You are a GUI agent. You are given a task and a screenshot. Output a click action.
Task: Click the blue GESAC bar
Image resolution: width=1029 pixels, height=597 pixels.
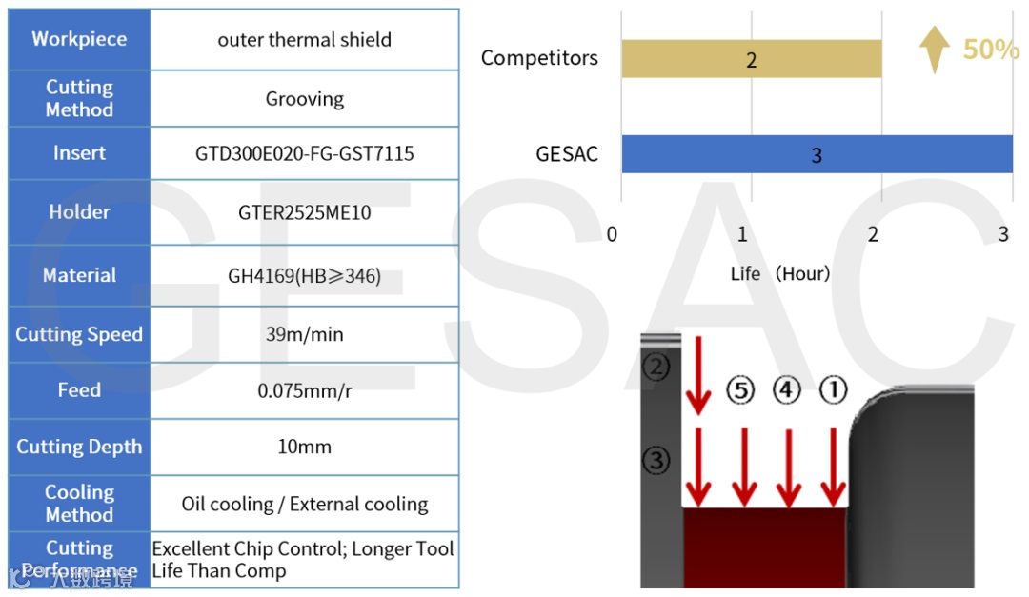pos(817,154)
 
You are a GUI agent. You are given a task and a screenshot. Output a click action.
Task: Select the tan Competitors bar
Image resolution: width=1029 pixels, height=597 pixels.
pos(751,59)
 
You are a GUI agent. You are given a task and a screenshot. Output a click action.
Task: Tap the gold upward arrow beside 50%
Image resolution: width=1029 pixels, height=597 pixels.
pos(935,49)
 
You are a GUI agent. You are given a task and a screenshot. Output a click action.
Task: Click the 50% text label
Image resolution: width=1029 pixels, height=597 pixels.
pos(990,50)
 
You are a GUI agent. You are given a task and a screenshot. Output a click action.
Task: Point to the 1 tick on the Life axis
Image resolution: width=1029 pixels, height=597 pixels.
pos(742,234)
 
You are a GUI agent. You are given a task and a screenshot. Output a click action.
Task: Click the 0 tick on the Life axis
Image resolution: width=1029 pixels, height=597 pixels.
pos(613,234)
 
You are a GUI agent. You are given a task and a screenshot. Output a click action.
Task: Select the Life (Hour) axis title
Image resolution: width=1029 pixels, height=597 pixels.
pos(780,274)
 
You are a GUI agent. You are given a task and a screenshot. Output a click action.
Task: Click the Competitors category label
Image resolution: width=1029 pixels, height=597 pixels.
pos(539,58)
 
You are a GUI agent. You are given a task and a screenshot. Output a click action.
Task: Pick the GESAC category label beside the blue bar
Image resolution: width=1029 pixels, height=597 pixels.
pos(567,154)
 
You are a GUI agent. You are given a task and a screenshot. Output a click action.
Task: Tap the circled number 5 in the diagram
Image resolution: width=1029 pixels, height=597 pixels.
pos(740,389)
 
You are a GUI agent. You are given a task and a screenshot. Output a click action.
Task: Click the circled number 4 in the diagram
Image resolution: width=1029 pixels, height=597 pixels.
pos(786,389)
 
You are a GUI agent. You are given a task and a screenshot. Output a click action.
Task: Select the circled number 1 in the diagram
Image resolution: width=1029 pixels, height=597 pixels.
pos(833,389)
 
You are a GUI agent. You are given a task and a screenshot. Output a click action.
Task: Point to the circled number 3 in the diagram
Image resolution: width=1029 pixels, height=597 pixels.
pos(656,461)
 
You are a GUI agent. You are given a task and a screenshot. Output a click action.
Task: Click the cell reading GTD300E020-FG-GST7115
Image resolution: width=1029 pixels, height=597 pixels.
pos(305,153)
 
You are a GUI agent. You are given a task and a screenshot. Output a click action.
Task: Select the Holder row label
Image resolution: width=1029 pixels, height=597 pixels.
pos(79,212)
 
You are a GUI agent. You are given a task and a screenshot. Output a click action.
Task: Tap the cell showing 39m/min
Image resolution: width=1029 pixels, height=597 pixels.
pos(305,334)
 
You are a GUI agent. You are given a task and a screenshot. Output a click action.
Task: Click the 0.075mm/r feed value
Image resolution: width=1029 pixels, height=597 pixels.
pos(305,390)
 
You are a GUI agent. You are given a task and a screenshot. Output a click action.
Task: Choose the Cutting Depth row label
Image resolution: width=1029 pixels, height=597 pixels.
pos(79,447)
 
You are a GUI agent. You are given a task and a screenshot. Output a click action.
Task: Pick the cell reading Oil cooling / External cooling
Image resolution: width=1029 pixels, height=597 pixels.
pos(305,504)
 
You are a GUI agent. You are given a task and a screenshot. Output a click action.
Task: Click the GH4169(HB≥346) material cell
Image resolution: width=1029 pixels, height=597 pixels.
pos(305,276)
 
